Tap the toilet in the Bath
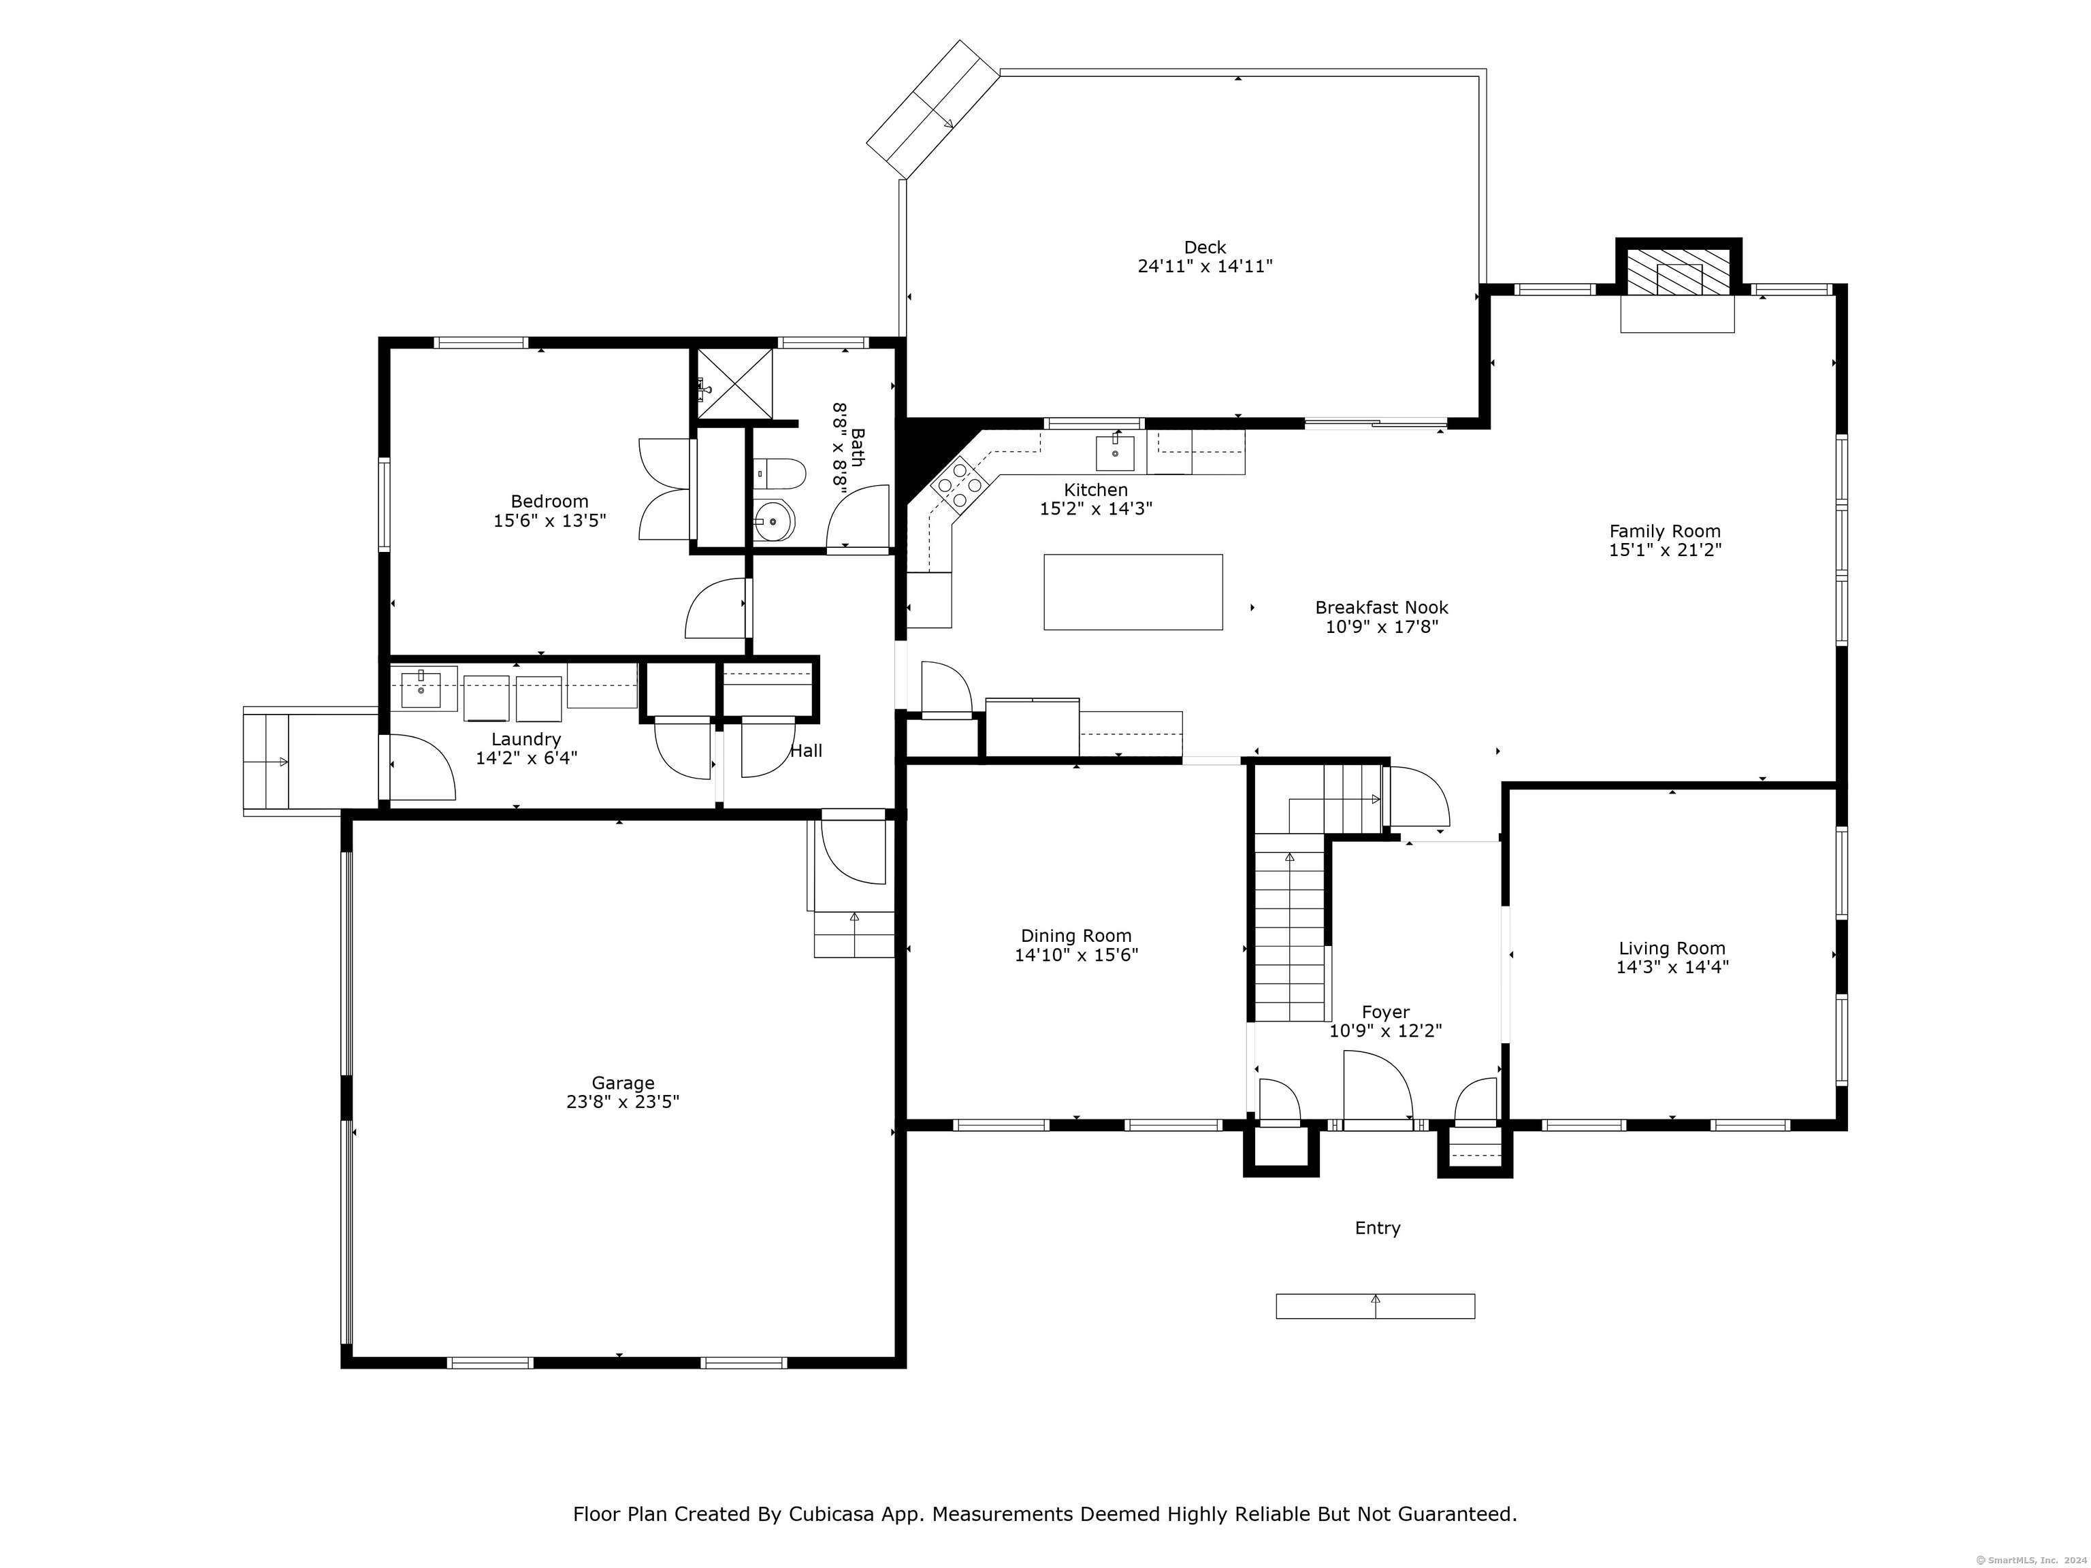pos(779,472)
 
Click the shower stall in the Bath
pos(734,382)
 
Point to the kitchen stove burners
pos(958,482)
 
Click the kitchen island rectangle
pos(1133,591)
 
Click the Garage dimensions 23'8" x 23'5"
pos(623,1101)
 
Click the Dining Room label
pos(1075,936)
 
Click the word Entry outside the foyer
pos(1377,1228)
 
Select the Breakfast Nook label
pos(1381,608)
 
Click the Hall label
pos(807,751)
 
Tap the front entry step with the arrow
pos(1376,1306)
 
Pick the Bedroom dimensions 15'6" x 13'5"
pos(549,520)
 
